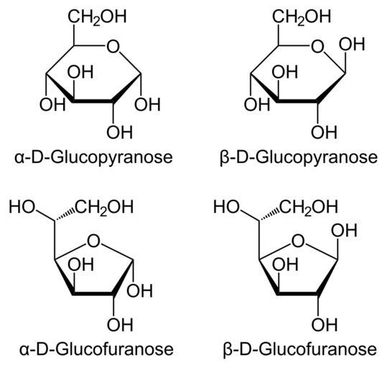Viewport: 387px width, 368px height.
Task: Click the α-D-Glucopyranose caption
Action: point(93,157)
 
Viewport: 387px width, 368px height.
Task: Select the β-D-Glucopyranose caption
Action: point(299,157)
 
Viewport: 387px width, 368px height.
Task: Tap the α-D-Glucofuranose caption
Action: point(96,349)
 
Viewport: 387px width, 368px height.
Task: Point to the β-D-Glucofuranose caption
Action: point(300,349)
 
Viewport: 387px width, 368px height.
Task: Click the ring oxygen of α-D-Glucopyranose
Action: point(113,47)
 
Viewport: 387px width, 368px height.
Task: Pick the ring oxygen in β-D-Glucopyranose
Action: point(317,47)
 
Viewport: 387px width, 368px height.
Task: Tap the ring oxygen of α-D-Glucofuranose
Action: point(93,241)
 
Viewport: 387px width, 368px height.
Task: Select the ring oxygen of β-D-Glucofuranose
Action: point(298,241)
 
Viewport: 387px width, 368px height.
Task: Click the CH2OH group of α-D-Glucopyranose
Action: point(97,17)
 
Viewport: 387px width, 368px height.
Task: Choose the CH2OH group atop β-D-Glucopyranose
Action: point(302,17)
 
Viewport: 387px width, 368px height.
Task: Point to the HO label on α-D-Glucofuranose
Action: point(22,207)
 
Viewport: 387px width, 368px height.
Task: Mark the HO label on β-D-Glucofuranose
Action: point(226,207)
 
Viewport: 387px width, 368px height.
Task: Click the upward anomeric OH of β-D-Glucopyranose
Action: point(352,45)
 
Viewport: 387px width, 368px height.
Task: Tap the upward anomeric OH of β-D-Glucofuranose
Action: point(344,230)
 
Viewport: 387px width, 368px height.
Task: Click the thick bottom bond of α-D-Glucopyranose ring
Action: point(93,101)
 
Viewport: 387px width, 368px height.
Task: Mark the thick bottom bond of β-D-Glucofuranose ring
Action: point(297,293)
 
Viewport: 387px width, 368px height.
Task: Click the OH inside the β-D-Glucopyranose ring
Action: point(285,72)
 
